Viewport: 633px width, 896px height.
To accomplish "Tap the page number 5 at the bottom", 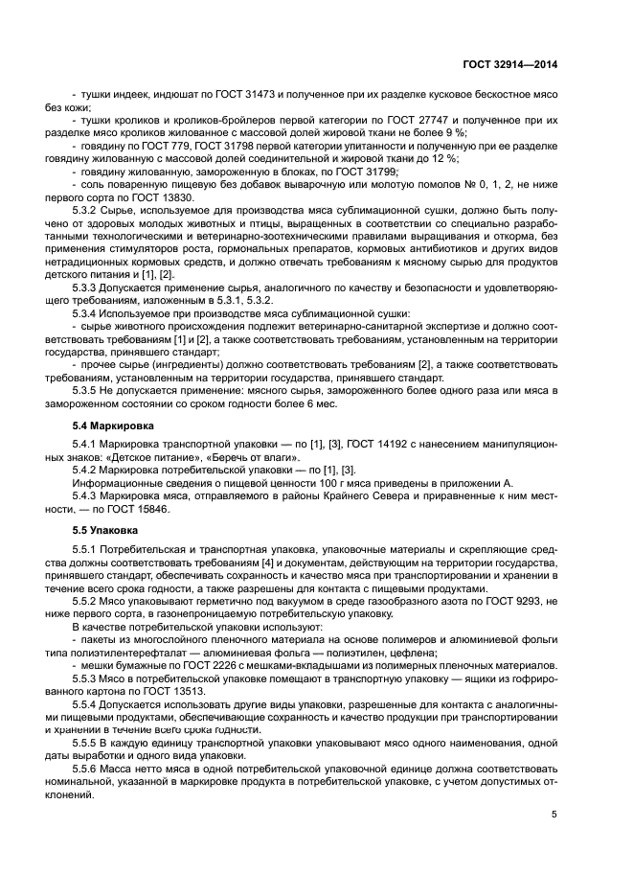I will tap(554, 815).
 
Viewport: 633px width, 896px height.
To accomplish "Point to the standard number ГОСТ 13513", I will tap(149, 690).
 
